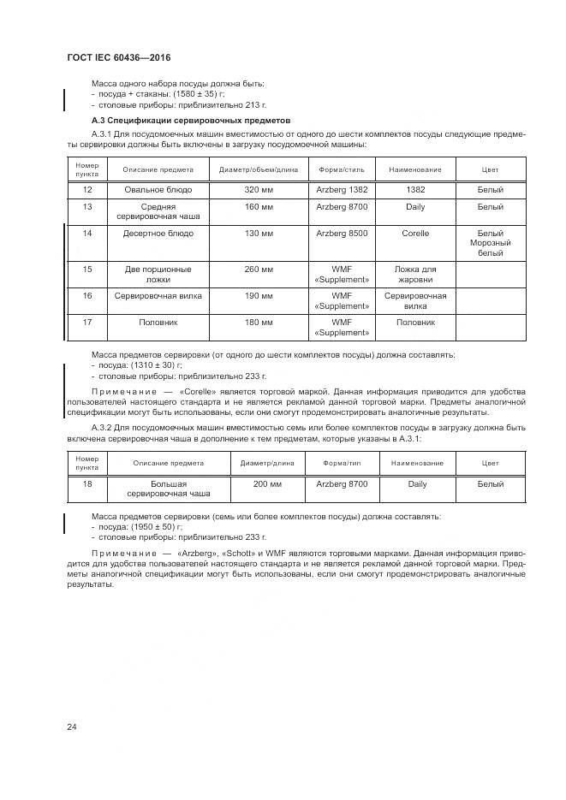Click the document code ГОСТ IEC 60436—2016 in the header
[118, 57]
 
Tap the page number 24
[72, 727]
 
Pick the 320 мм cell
[258, 189]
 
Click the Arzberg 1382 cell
[342, 189]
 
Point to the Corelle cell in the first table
[414, 233]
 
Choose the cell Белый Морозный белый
[490, 243]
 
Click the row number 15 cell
[87, 270]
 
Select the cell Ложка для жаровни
[414, 275]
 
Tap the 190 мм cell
[258, 295]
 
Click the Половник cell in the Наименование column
[414, 323]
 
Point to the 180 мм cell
[258, 323]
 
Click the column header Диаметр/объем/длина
[258, 169]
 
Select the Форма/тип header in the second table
[342, 463]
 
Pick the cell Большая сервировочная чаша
[168, 489]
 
